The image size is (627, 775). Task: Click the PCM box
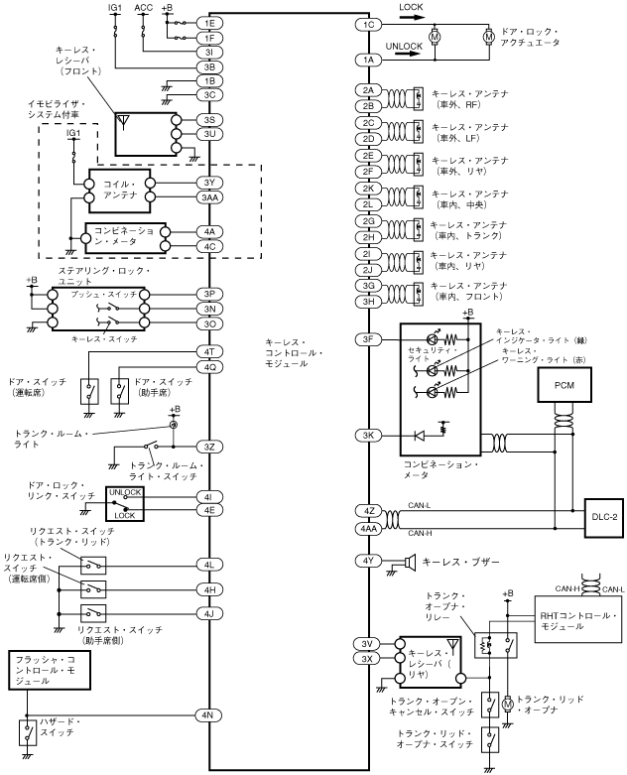point(564,385)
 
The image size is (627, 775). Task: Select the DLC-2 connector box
point(604,517)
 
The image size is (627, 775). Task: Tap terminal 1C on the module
point(369,25)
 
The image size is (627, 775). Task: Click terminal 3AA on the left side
point(209,197)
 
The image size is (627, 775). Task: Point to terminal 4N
point(209,714)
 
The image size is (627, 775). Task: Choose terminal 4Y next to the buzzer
point(369,561)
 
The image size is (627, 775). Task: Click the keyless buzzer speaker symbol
point(409,562)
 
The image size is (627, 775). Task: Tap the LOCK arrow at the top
point(412,17)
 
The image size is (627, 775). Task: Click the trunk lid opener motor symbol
point(507,704)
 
